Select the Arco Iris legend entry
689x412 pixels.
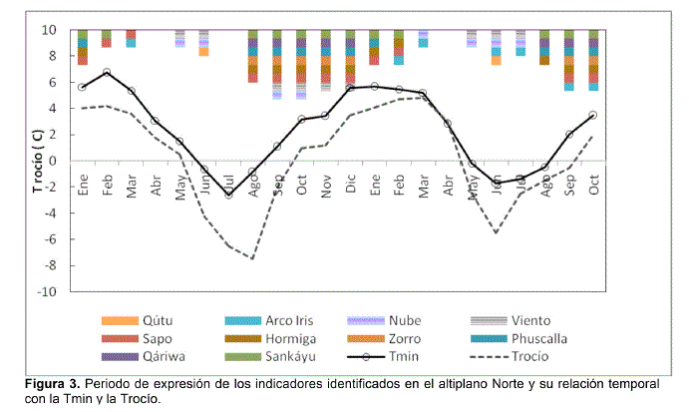coord(293,320)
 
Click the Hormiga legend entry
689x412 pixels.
coord(292,338)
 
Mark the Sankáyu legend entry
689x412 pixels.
coord(295,356)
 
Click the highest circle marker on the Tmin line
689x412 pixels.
coord(107,73)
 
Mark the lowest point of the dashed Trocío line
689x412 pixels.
coord(252,259)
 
